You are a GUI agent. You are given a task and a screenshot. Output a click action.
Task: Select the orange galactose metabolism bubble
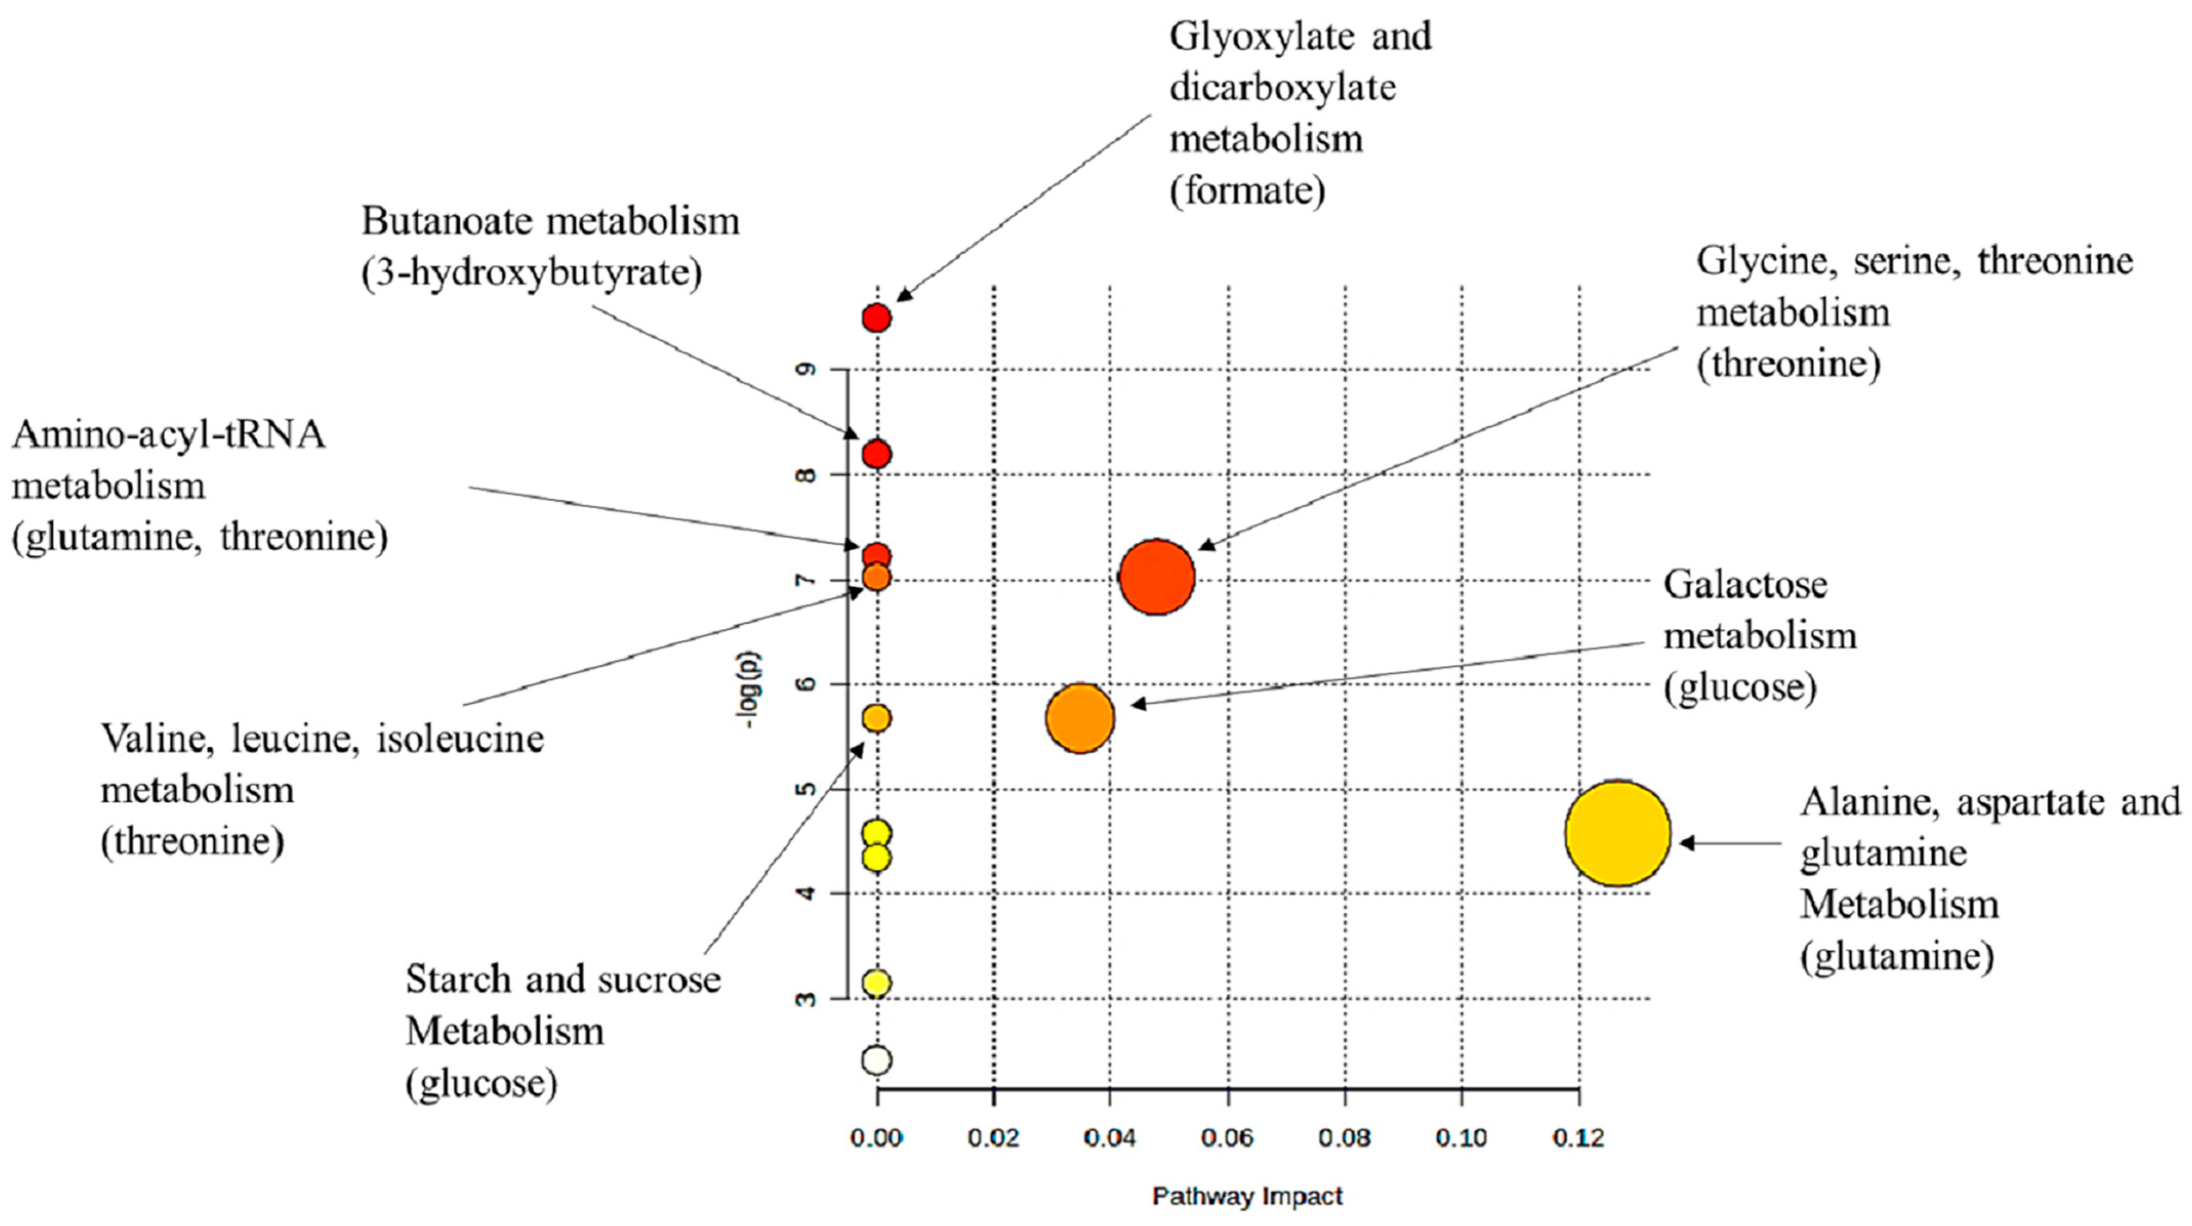tap(1080, 718)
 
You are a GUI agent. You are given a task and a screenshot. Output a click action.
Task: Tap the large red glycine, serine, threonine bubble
tap(1156, 577)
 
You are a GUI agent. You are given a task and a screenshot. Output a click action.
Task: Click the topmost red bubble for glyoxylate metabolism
tap(876, 318)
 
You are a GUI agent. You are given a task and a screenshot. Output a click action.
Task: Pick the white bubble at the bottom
tap(876, 1060)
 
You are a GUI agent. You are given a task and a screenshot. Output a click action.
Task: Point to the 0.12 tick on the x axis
tap(1579, 1137)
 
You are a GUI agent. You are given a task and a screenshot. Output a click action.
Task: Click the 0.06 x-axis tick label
tap(1227, 1137)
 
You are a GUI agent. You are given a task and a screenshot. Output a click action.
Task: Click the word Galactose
tap(1745, 584)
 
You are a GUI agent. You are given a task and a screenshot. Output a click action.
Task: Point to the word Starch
tap(458, 979)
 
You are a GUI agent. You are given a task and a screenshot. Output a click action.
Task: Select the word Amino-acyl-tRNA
tap(169, 435)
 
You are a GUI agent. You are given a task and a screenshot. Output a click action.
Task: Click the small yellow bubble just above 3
tap(876, 983)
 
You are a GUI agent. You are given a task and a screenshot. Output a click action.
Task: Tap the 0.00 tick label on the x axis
tap(876, 1137)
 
